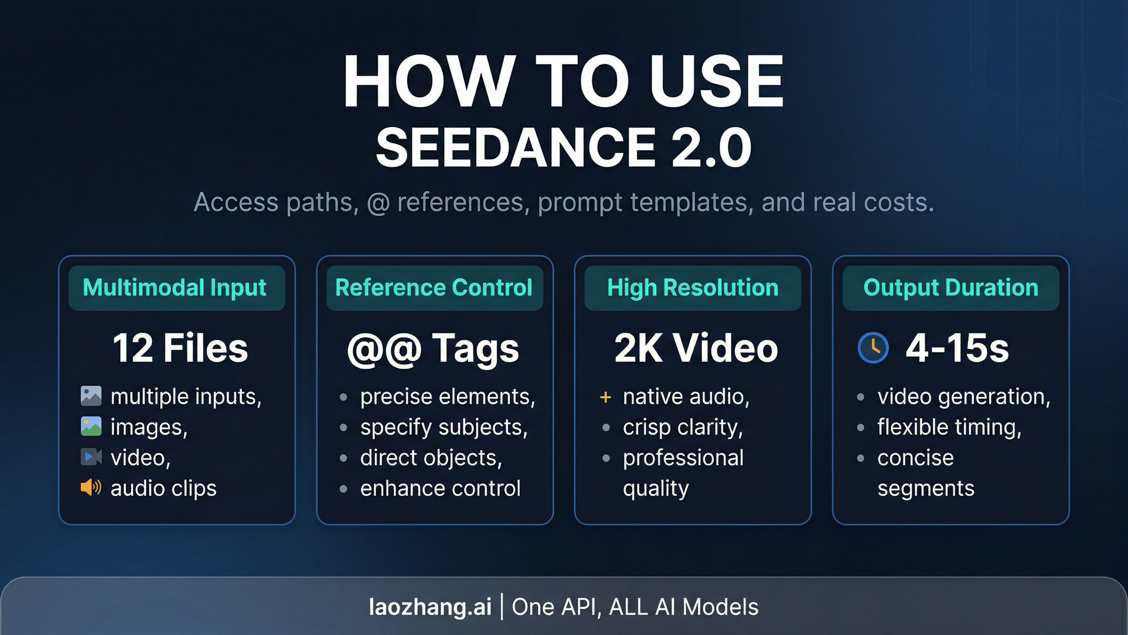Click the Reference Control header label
(x=434, y=287)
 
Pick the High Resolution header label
(x=693, y=287)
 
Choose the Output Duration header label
(x=951, y=287)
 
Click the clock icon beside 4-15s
(x=873, y=348)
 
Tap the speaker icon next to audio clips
(x=91, y=487)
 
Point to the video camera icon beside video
(x=91, y=457)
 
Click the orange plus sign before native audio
(x=605, y=397)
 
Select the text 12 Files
(x=180, y=348)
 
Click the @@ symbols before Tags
(x=384, y=349)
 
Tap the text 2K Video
(x=696, y=348)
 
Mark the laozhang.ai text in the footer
(x=430, y=607)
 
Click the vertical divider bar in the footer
(x=502, y=607)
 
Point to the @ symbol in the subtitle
(x=378, y=203)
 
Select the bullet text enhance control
(x=440, y=488)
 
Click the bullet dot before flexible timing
(x=861, y=428)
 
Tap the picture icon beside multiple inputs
(x=91, y=396)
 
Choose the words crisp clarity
(x=683, y=428)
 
